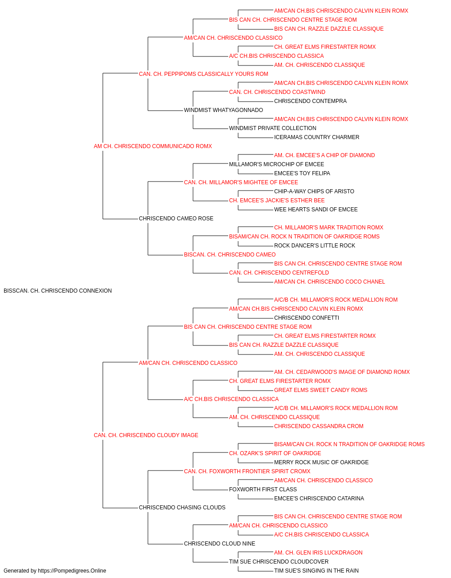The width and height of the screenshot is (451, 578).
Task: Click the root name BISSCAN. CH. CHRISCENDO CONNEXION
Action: (58, 291)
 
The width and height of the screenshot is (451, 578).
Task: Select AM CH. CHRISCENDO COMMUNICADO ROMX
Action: (153, 146)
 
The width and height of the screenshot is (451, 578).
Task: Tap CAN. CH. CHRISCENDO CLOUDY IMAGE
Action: (146, 435)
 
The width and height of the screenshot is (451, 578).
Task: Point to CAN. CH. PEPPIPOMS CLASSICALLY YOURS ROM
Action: (203, 74)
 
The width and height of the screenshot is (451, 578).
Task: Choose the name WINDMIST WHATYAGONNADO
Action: (223, 110)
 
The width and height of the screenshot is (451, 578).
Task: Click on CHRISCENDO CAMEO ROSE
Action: (176, 219)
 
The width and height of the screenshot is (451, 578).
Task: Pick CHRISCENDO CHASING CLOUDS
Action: (182, 508)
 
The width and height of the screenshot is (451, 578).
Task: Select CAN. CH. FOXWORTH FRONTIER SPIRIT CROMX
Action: (247, 471)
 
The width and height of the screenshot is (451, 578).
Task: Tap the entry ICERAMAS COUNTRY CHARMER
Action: (317, 137)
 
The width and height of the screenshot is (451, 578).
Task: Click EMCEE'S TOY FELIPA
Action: (302, 173)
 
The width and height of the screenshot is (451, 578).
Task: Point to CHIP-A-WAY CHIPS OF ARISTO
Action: (314, 191)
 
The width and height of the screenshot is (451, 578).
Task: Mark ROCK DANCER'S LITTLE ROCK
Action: (314, 246)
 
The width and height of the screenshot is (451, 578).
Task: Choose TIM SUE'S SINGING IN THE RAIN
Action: (316, 571)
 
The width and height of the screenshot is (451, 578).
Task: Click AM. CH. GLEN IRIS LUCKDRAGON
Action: (318, 552)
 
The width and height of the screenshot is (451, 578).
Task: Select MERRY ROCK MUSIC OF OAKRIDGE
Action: (322, 462)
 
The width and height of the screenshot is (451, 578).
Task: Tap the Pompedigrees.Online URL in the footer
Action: (72, 571)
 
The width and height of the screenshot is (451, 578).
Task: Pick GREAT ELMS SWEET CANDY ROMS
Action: (321, 390)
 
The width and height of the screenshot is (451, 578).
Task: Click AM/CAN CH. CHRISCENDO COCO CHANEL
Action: (329, 282)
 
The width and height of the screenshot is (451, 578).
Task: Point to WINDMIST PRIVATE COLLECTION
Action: (272, 128)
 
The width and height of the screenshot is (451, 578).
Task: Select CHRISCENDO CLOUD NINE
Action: (219, 543)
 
